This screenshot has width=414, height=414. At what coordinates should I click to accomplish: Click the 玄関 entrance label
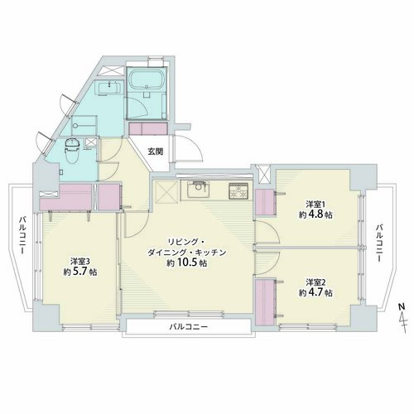click(155, 152)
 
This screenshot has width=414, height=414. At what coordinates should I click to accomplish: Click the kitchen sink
click(196, 189)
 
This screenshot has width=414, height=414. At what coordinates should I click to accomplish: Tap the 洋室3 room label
click(80, 261)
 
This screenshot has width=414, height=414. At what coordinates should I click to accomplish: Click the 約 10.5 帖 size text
click(186, 263)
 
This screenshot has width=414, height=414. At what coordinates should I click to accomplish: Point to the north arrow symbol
click(402, 318)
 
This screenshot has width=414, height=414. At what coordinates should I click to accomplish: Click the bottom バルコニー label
click(189, 327)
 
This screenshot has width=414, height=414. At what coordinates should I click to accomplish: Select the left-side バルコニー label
click(22, 235)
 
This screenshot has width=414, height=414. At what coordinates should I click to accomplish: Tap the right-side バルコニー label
click(380, 243)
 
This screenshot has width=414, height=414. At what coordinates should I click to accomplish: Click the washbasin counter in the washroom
click(109, 88)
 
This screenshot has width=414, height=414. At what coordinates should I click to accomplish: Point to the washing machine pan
click(84, 126)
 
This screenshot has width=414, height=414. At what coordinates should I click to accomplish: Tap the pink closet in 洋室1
click(265, 202)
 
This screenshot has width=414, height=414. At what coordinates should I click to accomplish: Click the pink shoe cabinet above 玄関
click(148, 128)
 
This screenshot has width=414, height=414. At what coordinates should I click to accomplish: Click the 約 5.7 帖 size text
click(80, 272)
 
